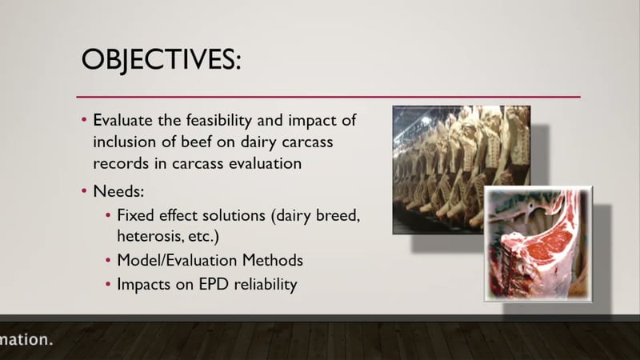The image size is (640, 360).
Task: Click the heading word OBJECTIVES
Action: [161, 59]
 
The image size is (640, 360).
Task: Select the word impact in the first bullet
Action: [311, 122]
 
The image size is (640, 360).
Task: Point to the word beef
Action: [196, 142]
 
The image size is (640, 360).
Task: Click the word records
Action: [121, 164]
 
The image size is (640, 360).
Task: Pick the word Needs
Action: [118, 191]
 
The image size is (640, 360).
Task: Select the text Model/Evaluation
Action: [177, 261]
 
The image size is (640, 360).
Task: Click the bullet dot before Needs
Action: [84, 191]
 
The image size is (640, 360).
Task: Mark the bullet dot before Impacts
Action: [108, 284]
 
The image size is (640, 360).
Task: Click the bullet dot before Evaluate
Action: [84, 120]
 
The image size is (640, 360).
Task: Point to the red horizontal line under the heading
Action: [328, 97]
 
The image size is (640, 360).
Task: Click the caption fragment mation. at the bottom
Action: [26, 339]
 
